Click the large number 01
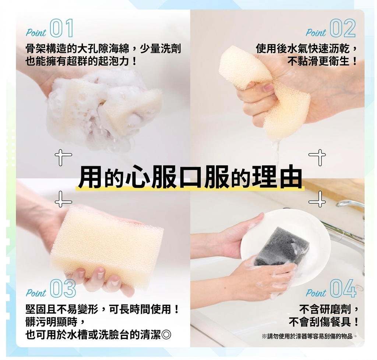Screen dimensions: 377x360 61,28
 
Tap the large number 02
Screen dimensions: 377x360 343,28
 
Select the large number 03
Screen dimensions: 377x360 63,288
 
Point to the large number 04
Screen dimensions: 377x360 343,288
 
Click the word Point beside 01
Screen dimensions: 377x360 36,33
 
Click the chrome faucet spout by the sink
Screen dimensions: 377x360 350,204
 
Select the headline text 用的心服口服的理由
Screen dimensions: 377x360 190,177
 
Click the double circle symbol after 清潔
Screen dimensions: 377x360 166,335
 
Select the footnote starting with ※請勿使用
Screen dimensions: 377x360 309,336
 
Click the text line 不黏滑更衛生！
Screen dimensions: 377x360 322,62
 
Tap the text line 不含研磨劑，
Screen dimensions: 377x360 329,309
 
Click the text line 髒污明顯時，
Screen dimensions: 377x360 55,322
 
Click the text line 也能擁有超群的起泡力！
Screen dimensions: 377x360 81,62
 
